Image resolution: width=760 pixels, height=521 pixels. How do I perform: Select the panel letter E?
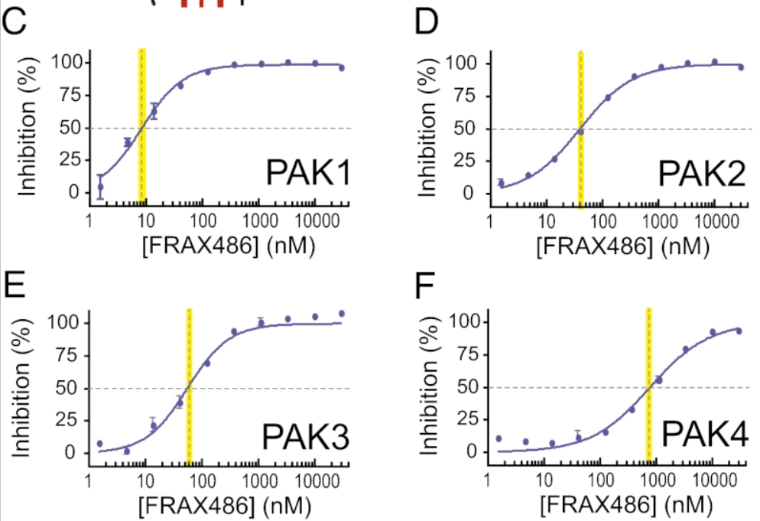[15, 285]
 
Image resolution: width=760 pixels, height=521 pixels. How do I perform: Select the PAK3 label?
[306, 438]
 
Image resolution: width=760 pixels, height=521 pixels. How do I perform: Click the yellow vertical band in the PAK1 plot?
[142, 122]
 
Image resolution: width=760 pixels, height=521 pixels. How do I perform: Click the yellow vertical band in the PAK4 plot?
[648, 383]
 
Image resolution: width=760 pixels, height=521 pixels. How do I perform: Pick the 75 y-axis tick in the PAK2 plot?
[463, 96]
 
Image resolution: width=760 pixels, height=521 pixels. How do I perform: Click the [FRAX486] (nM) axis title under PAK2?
[616, 246]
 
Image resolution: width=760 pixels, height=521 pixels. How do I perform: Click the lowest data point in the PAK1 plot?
[100, 187]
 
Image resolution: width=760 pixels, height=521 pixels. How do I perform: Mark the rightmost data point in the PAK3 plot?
[342, 314]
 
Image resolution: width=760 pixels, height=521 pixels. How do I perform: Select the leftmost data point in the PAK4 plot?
[499, 438]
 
